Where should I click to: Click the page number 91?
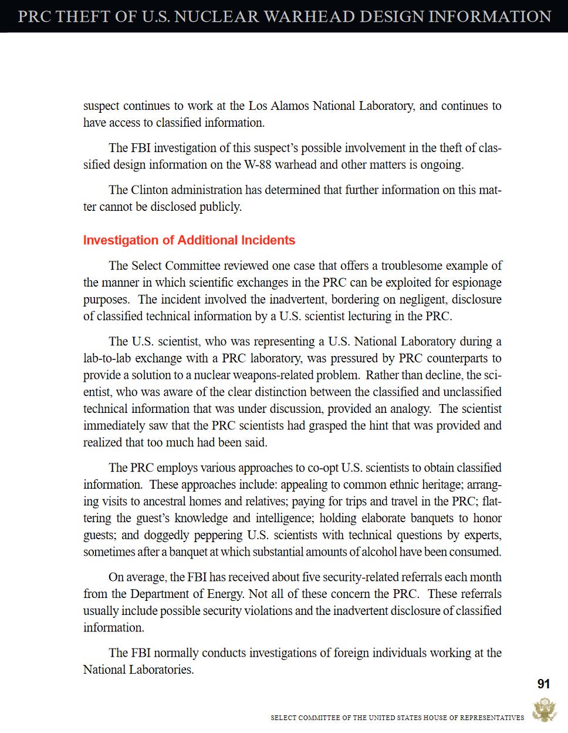[543, 684]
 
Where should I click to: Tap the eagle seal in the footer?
[544, 710]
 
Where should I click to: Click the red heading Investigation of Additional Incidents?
[189, 240]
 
